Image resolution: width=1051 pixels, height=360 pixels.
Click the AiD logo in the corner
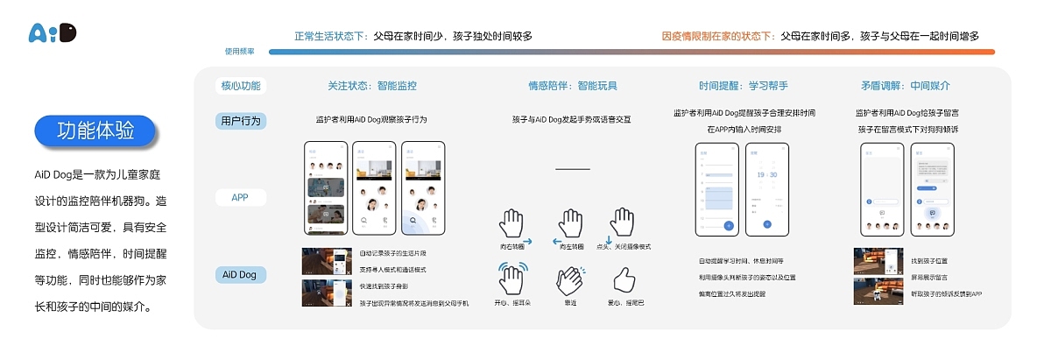point(53,33)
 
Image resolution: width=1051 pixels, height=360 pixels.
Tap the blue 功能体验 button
point(95,131)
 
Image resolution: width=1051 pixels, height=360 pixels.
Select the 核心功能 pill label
point(240,86)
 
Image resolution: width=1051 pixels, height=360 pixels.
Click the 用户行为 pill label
point(240,120)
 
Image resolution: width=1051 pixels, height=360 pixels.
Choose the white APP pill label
point(240,198)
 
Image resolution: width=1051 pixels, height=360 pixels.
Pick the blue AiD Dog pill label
point(240,275)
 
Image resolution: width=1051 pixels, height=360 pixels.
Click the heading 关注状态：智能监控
point(371,86)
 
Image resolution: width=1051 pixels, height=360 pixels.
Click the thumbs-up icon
point(624,279)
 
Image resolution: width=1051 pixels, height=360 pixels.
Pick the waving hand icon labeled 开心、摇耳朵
point(514,279)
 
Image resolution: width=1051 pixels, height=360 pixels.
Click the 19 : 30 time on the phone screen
point(766,174)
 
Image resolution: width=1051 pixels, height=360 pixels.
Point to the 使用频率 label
point(239,52)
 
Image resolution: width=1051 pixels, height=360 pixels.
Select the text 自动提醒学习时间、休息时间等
point(745,261)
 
